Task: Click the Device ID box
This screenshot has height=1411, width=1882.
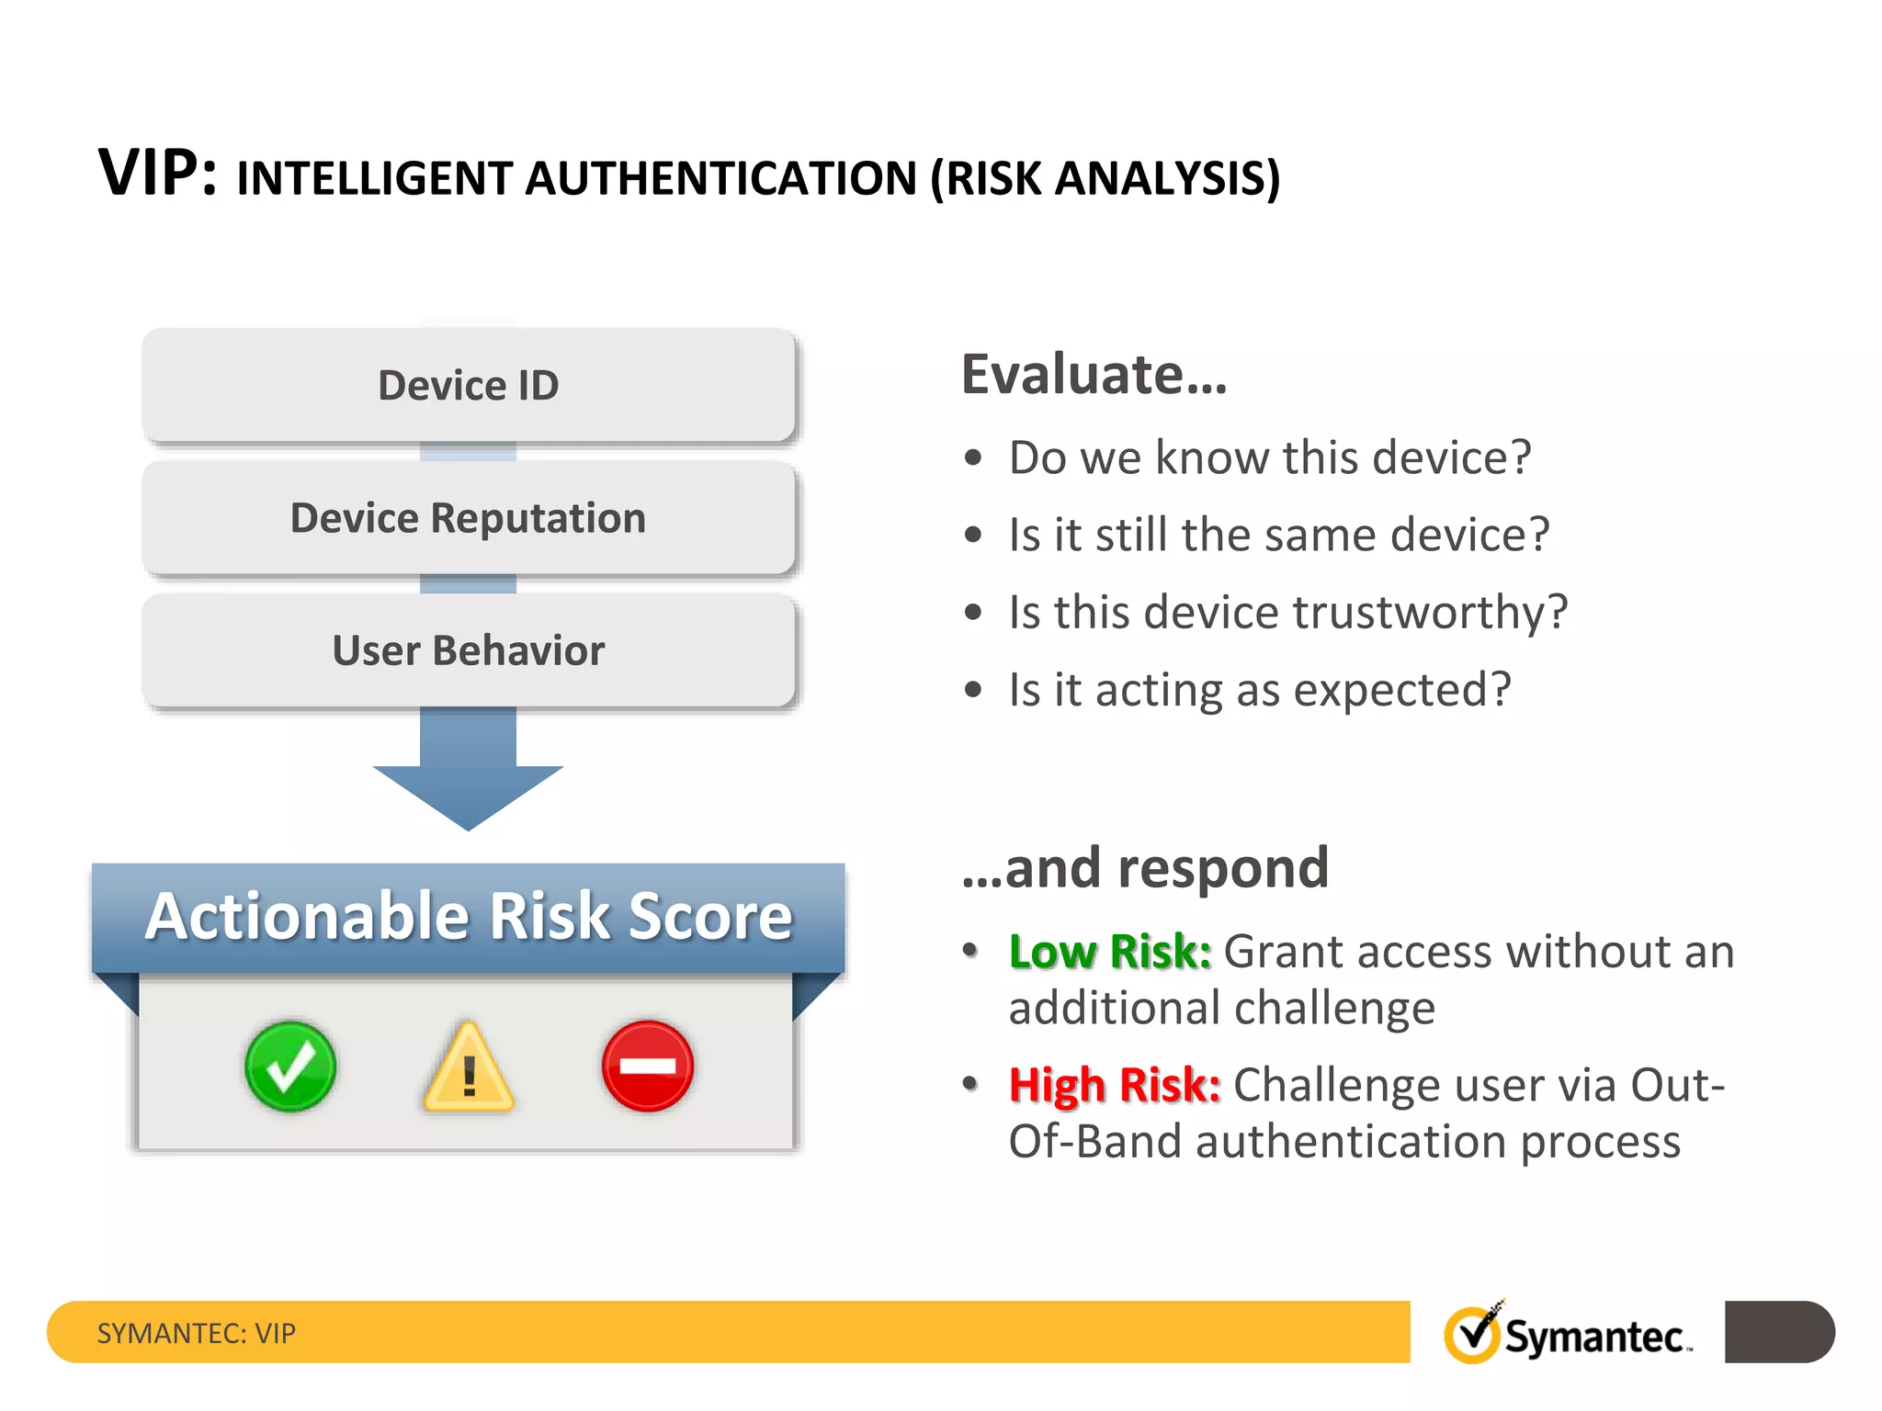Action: (468, 385)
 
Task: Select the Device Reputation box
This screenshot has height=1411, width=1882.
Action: (468, 518)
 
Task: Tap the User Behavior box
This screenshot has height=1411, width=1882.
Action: (468, 650)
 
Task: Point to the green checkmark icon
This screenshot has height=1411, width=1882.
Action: (290, 1067)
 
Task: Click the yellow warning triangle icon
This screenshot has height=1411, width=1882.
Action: (469, 1070)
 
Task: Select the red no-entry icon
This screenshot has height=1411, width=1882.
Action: (648, 1066)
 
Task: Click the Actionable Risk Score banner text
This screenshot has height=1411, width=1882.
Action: (468, 917)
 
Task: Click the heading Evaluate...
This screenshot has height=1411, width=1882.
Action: (1094, 375)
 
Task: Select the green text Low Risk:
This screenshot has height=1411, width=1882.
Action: (1109, 952)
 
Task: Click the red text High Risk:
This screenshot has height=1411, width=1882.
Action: (1114, 1085)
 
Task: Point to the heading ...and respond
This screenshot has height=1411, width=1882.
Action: (1145, 868)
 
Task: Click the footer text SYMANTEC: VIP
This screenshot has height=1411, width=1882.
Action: (197, 1333)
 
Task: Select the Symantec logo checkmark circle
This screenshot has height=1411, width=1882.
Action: (1471, 1334)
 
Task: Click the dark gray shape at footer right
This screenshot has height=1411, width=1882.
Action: (1778, 1332)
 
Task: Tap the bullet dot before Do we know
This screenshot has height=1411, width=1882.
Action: (973, 457)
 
